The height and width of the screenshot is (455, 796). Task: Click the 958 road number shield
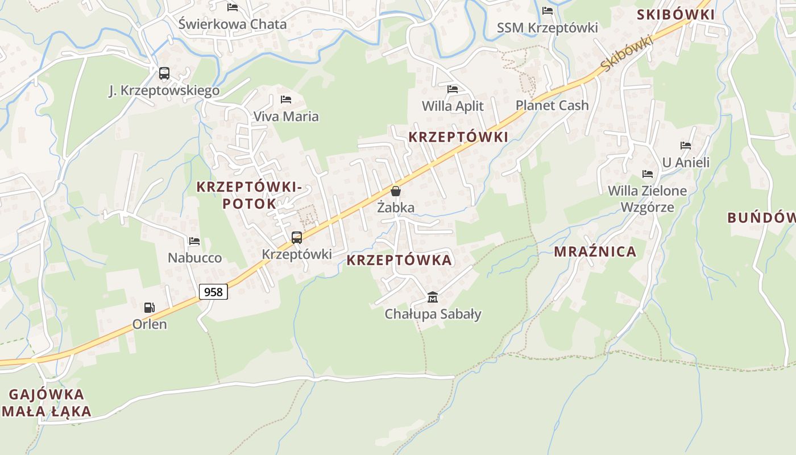point(214,292)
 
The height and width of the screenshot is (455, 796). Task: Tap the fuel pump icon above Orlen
point(149,308)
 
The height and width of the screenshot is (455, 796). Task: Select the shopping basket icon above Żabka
point(396,191)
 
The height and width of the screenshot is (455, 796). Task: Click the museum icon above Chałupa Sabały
point(433,297)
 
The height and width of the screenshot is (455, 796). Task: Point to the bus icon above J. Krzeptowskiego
point(164,73)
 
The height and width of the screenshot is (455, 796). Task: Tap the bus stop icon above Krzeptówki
point(296,238)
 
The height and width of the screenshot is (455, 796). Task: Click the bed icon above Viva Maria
point(286,100)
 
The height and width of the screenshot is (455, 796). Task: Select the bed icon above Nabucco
point(194,241)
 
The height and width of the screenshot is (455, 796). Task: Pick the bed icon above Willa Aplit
point(453,89)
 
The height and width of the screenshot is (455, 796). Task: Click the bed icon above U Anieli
point(686,146)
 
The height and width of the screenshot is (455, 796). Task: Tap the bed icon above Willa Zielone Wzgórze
point(647,174)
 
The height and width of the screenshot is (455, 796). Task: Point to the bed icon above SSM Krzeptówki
point(548,11)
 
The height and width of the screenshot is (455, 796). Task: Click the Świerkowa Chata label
point(233,24)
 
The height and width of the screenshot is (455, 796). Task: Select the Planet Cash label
point(552,105)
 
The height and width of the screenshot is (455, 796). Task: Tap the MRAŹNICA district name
point(595,252)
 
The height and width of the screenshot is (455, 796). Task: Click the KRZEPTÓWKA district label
point(399,260)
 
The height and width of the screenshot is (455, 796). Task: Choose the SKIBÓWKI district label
point(675,15)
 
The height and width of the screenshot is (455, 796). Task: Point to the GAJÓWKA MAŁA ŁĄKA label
point(47,403)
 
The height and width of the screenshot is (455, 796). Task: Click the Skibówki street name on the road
point(626,53)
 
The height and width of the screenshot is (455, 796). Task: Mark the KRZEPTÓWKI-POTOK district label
point(249,195)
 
